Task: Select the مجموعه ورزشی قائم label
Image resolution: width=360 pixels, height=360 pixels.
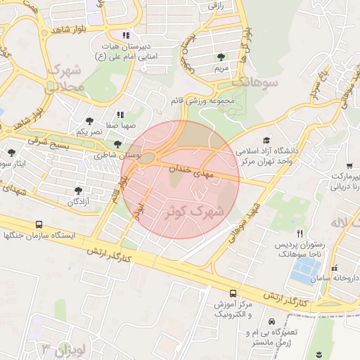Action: click(x=207, y=101)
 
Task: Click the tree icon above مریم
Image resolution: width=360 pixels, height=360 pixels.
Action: click(x=221, y=57)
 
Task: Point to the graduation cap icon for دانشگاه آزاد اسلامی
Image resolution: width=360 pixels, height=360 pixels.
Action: click(x=266, y=141)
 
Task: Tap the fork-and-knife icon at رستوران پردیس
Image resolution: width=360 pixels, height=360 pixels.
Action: click(x=300, y=233)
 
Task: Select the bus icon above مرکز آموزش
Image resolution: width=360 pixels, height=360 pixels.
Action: click(x=233, y=292)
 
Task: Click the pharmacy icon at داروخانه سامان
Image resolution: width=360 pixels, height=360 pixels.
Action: click(x=334, y=268)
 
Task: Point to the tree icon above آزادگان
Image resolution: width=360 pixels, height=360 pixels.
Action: click(x=77, y=190)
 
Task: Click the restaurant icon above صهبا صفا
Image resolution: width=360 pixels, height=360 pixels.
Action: click(x=120, y=114)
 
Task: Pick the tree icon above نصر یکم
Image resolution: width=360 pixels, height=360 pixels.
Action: click(x=89, y=120)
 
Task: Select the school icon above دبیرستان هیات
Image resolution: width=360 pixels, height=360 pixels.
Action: click(x=126, y=35)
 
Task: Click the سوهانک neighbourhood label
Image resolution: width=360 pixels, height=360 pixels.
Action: click(x=259, y=83)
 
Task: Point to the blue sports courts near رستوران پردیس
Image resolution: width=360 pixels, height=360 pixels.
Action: click(x=304, y=271)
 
